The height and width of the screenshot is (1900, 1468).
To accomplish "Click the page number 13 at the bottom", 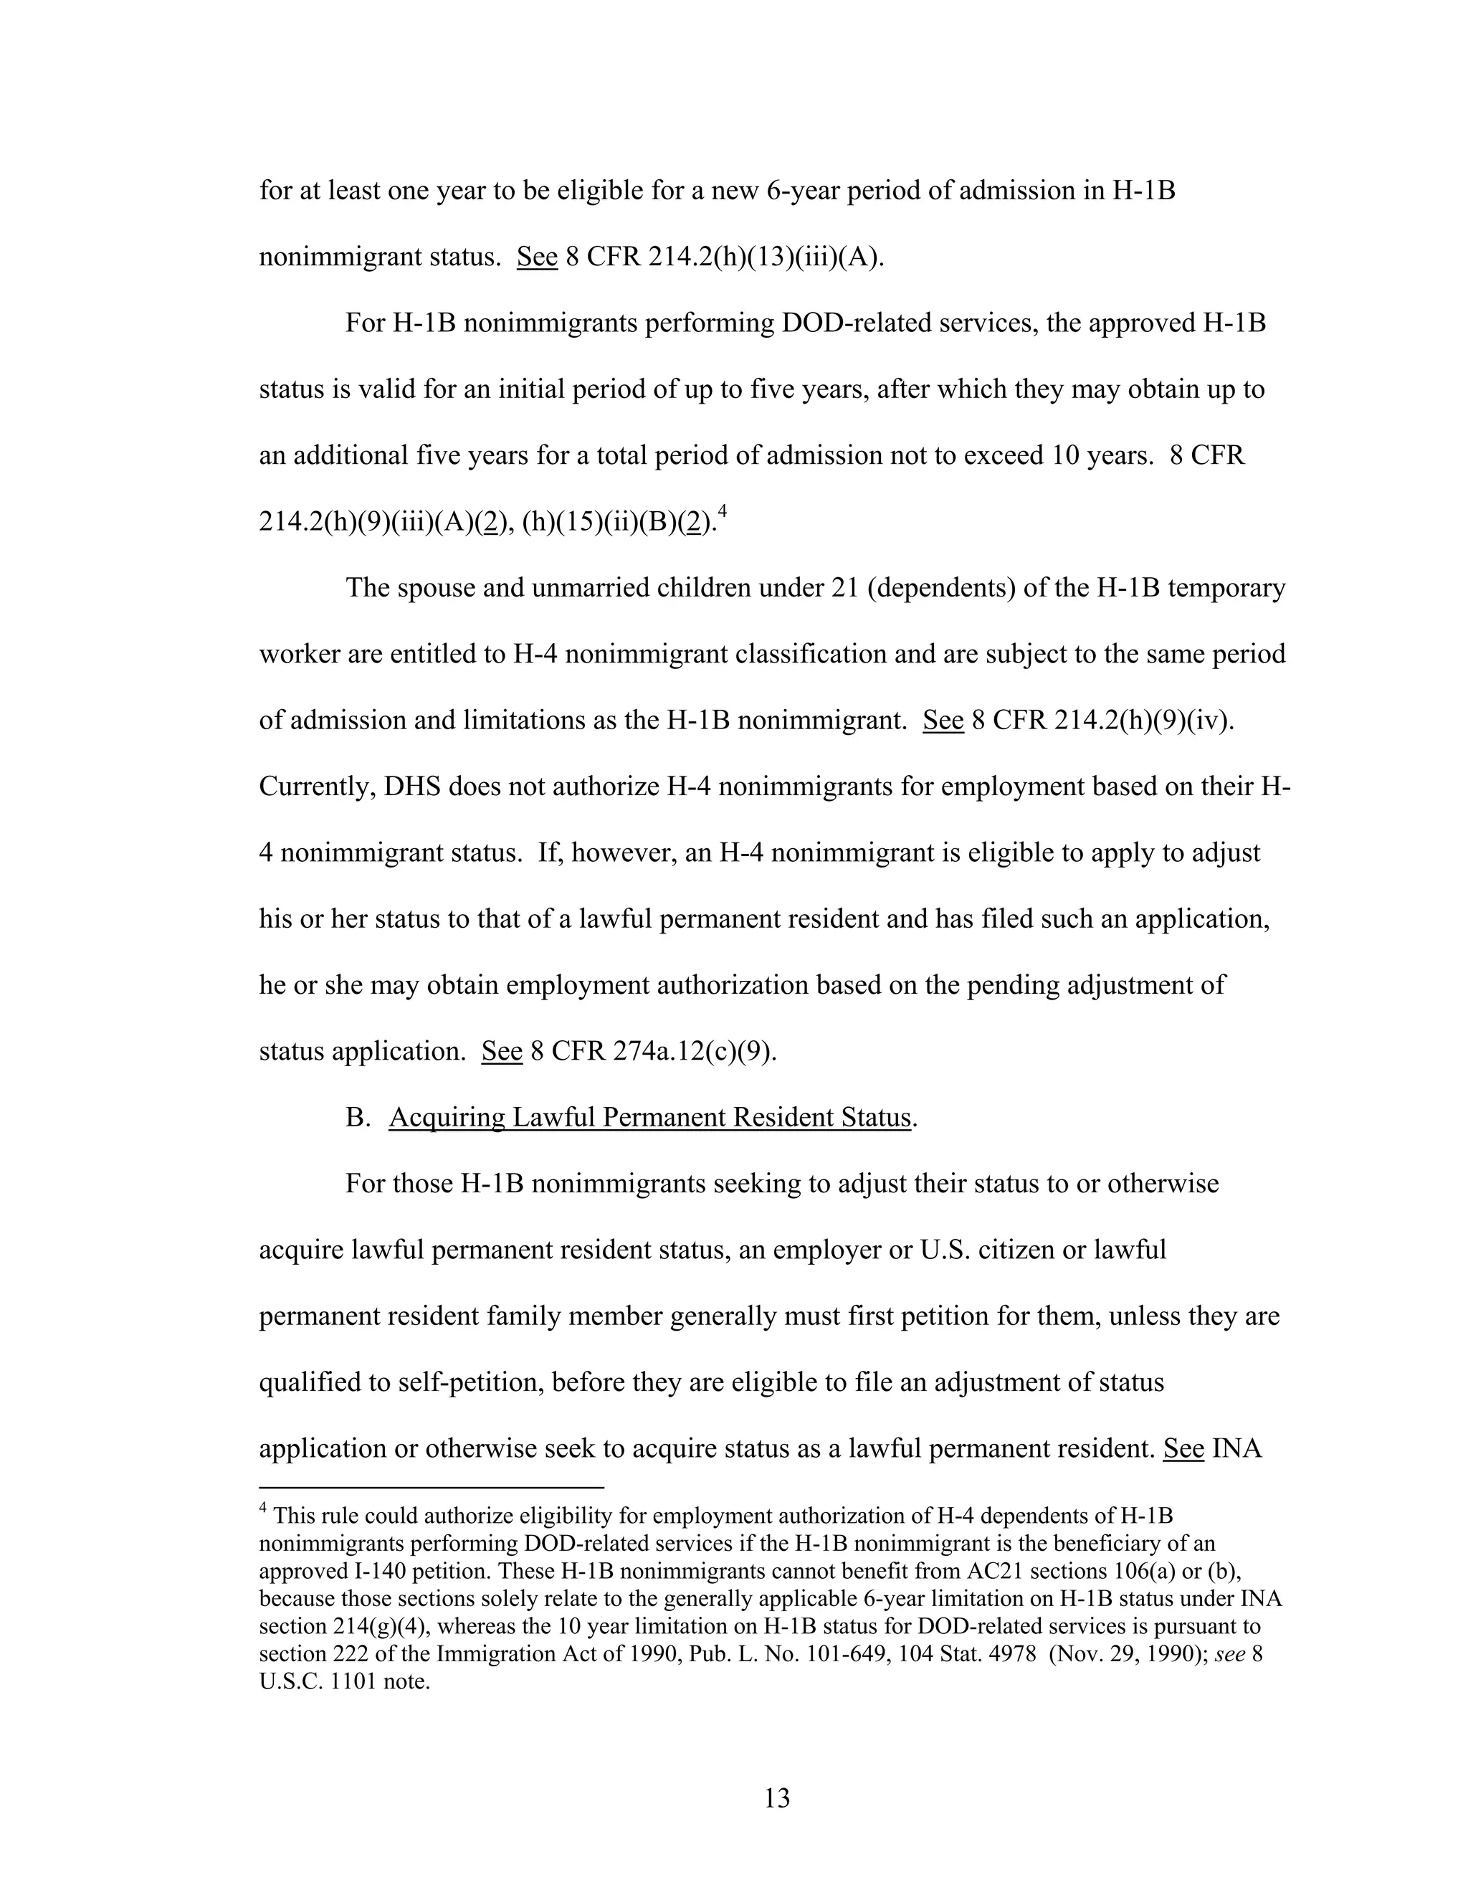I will click(x=776, y=1797).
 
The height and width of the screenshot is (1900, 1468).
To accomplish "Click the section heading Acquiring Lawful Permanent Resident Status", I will click(x=649, y=1117).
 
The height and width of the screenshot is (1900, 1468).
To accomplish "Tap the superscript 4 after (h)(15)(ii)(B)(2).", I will click(x=722, y=513).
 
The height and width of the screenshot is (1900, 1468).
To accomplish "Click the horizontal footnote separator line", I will click(x=431, y=1487).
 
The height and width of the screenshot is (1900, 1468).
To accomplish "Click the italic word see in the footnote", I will click(x=1229, y=1654).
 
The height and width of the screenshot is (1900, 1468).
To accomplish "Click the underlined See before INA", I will click(x=1183, y=1448).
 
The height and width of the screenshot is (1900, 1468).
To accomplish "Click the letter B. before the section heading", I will click(x=358, y=1117).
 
